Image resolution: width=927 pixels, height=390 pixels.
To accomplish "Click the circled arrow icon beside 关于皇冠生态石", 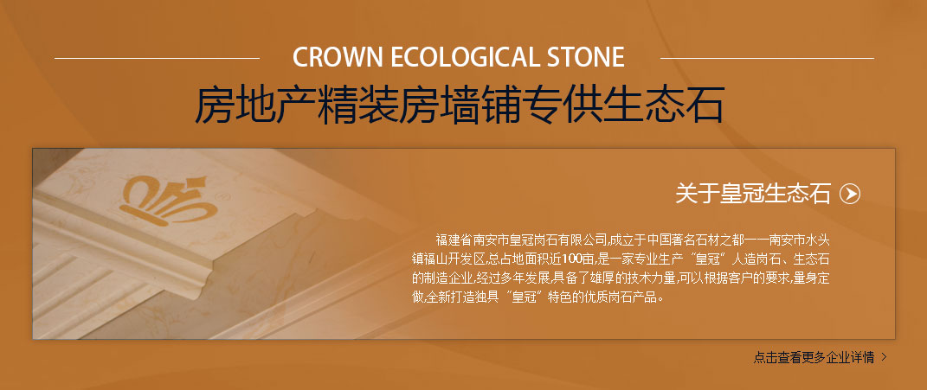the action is pos(850,194).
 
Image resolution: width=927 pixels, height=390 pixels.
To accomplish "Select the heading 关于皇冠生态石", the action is pos(753,194).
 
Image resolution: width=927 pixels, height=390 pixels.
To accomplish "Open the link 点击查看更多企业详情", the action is pos(814,357).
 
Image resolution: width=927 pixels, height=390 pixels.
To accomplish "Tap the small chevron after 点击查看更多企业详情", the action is pos(884,357).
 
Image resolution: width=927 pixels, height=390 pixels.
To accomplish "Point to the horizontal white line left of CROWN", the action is pos(157,59).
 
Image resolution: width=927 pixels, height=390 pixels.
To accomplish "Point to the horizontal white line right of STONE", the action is pos(767,59).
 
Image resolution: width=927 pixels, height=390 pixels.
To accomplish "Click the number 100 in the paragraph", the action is pos(571,259).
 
